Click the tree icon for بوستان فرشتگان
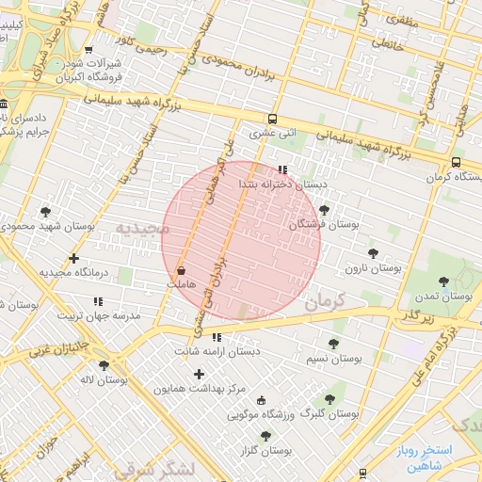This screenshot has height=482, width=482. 325,210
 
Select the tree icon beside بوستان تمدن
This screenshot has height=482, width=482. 443,280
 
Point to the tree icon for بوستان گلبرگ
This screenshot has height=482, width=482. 329,399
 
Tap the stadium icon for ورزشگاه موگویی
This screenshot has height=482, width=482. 261,399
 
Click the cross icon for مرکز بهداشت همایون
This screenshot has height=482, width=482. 199,374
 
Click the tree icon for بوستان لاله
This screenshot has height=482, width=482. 104,365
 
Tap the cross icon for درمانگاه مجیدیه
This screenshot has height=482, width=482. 73,258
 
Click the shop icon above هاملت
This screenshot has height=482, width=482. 180,270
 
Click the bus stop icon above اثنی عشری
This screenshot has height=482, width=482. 271,120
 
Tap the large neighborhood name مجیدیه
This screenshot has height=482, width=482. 142,229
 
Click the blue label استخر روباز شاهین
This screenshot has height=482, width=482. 425,458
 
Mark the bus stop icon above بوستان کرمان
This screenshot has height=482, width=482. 457,162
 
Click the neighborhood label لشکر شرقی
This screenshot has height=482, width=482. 154,469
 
